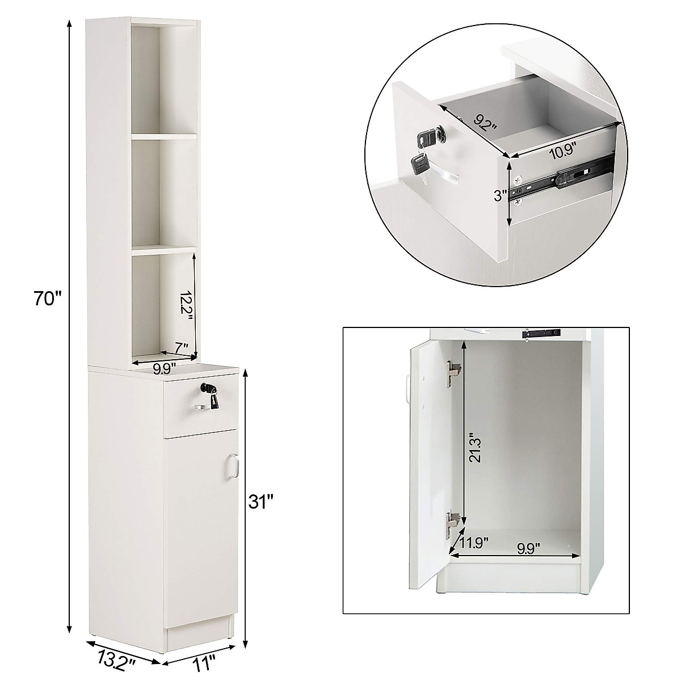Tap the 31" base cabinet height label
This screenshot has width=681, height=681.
263,501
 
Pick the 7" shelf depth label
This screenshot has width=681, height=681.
181,346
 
